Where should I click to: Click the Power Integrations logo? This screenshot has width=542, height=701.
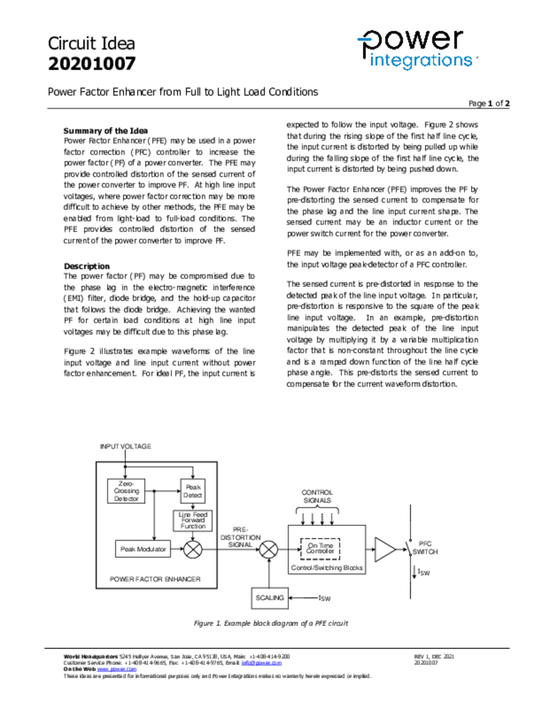pyautogui.click(x=417, y=49)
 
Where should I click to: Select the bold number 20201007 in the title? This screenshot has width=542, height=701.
pyautogui.click(x=91, y=64)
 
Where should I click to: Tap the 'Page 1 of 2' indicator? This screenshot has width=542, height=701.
pyautogui.click(x=489, y=103)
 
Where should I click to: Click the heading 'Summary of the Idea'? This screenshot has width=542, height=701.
pyautogui.click(x=106, y=131)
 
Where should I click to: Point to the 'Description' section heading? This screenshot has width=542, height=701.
pyautogui.click(x=86, y=266)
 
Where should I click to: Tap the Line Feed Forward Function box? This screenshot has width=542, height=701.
pyautogui.click(x=193, y=520)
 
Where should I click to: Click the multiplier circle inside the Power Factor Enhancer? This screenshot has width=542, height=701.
pyautogui.click(x=193, y=549)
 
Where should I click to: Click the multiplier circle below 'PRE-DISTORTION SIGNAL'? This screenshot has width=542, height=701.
pyautogui.click(x=271, y=549)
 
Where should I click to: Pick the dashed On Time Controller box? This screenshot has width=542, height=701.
pyautogui.click(x=320, y=548)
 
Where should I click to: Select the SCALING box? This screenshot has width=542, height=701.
pyautogui.click(x=269, y=598)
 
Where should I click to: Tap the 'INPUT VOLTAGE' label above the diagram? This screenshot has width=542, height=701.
pyautogui.click(x=125, y=446)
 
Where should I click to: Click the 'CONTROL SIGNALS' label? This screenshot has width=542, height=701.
pyautogui.click(x=317, y=496)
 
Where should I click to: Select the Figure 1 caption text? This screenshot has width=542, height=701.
pyautogui.click(x=271, y=624)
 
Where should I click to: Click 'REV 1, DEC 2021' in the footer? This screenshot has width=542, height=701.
pyautogui.click(x=434, y=657)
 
